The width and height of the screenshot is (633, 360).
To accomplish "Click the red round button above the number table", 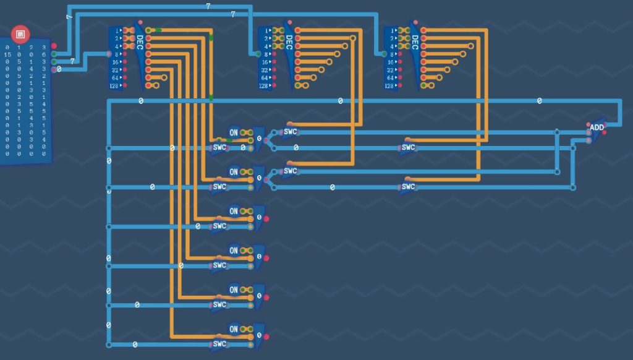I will (x=20, y=33).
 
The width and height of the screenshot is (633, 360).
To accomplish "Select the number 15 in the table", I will (x=7, y=55).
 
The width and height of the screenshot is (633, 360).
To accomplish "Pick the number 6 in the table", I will (x=44, y=55).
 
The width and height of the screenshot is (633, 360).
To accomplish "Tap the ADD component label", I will (x=597, y=127).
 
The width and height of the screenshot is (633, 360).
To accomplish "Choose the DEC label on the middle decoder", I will (x=288, y=42).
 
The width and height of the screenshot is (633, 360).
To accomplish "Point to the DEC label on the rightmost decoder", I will (x=414, y=42).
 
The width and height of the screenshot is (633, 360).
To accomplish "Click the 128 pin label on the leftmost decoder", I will (x=115, y=86).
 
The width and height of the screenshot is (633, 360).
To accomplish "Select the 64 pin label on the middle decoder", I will (x=265, y=78).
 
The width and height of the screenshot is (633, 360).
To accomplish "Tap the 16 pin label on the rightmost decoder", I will (x=391, y=62).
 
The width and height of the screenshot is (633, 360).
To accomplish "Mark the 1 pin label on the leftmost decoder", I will (x=116, y=30).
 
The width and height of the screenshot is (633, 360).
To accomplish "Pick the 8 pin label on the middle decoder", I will (x=266, y=54).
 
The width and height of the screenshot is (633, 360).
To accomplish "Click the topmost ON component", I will (x=234, y=132).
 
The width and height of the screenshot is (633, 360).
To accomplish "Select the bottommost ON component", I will (x=234, y=328).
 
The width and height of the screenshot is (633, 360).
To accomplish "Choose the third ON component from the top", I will (x=234, y=211).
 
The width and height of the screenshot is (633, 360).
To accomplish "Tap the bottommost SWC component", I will (x=219, y=344).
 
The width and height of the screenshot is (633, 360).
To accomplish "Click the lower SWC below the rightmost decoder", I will (x=408, y=186).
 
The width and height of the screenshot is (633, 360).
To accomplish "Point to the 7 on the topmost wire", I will (x=208, y=6).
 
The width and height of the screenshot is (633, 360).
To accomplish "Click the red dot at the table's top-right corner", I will (x=54, y=46).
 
